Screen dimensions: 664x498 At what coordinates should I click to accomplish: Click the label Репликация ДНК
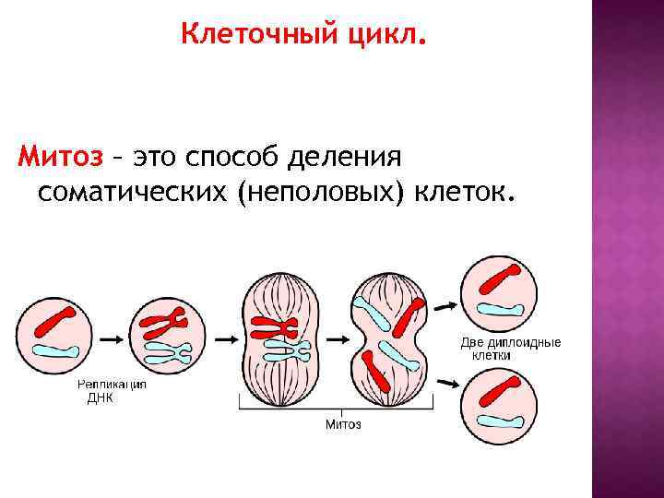tap(111, 391)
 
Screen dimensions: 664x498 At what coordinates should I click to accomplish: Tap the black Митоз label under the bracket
tap(343, 424)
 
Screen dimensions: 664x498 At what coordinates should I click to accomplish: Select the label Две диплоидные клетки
tap(510, 349)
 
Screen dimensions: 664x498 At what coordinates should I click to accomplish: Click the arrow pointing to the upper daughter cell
tap(445, 305)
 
